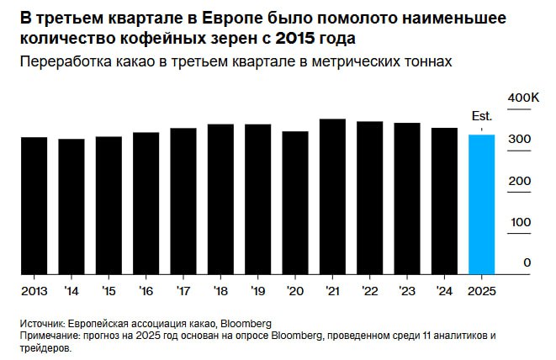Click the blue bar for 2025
[x=481, y=204]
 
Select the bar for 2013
[x=34, y=205]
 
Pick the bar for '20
[x=295, y=203]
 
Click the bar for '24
[x=444, y=201]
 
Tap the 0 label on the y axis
[x=527, y=262]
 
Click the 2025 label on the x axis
[x=482, y=290]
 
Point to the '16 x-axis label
[x=146, y=290]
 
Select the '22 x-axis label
[x=369, y=290]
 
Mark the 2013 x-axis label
[x=34, y=290]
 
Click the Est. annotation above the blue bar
[x=481, y=117]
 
